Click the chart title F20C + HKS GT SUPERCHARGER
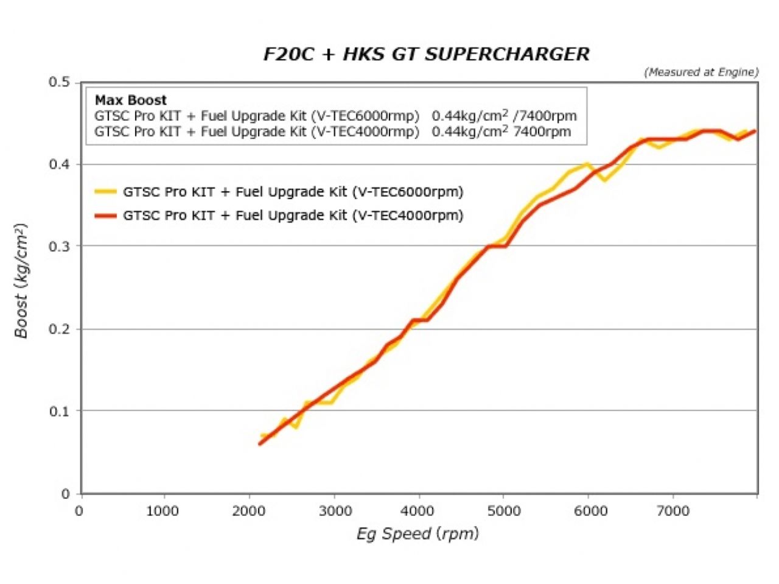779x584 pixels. [426, 54]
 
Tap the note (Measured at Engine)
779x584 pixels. [701, 72]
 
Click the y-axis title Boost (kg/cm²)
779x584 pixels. [21, 281]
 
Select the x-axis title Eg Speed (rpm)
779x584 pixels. [417, 534]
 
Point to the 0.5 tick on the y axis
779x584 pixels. [59, 82]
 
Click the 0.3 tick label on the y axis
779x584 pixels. [59, 246]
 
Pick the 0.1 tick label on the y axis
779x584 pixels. [59, 411]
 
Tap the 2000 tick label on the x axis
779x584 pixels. [248, 511]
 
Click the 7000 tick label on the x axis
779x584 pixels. [672, 511]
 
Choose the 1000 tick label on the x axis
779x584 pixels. [162, 511]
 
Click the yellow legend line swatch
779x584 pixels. [105, 192]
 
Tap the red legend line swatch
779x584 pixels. [105, 216]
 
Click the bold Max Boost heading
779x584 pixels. [130, 100]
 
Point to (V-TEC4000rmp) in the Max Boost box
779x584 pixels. [365, 132]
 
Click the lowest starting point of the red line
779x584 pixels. [260, 443]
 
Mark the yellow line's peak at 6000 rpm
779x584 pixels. [587, 163]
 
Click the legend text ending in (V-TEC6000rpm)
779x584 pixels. [293, 192]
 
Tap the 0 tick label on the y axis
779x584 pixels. [66, 494]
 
